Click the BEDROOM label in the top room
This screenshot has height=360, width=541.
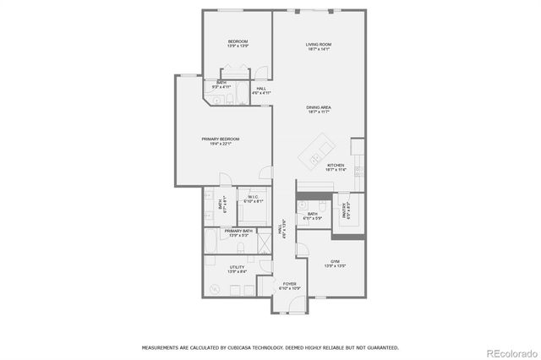tap(238, 41)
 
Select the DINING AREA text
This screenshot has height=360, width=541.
tap(319, 107)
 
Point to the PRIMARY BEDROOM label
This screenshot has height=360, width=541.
tap(220, 139)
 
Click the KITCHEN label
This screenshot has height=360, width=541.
tap(336, 166)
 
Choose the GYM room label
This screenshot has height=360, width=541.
tap(336, 264)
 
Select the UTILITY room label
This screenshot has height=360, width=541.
tap(238, 268)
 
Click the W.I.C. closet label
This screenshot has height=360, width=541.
tap(254, 197)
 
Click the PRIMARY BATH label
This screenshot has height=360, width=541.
tap(238, 231)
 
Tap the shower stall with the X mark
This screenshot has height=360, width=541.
tap(264, 245)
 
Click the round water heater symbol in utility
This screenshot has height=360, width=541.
tap(214, 289)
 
